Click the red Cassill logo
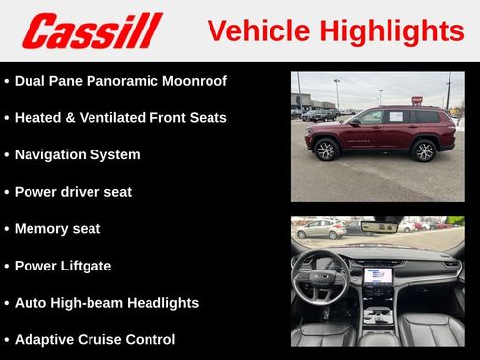(x=91, y=30)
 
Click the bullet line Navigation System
(x=77, y=154)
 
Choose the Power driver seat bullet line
(x=73, y=192)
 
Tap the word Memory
(x=42, y=229)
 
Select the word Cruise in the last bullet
(x=113, y=340)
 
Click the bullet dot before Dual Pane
(x=7, y=81)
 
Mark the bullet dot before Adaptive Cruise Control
(x=7, y=340)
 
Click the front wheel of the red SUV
(x=327, y=150)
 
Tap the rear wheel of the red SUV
(x=424, y=150)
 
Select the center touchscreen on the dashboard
(x=378, y=276)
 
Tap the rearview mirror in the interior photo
(x=378, y=227)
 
